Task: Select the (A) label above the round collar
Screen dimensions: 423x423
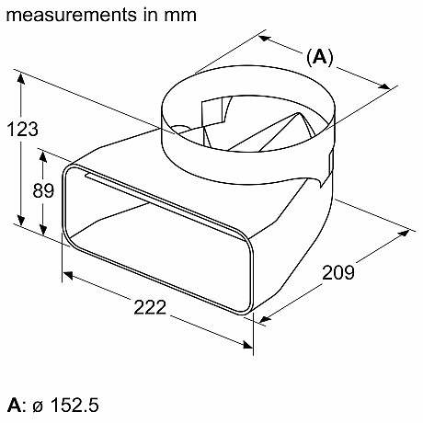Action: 319,57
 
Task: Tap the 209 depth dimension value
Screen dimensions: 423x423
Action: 339,271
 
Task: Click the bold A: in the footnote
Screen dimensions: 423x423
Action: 15,404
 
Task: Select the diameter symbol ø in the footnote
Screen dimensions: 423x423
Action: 37,405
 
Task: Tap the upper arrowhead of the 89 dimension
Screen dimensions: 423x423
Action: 42,149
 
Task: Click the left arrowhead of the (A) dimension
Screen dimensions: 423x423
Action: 263,39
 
